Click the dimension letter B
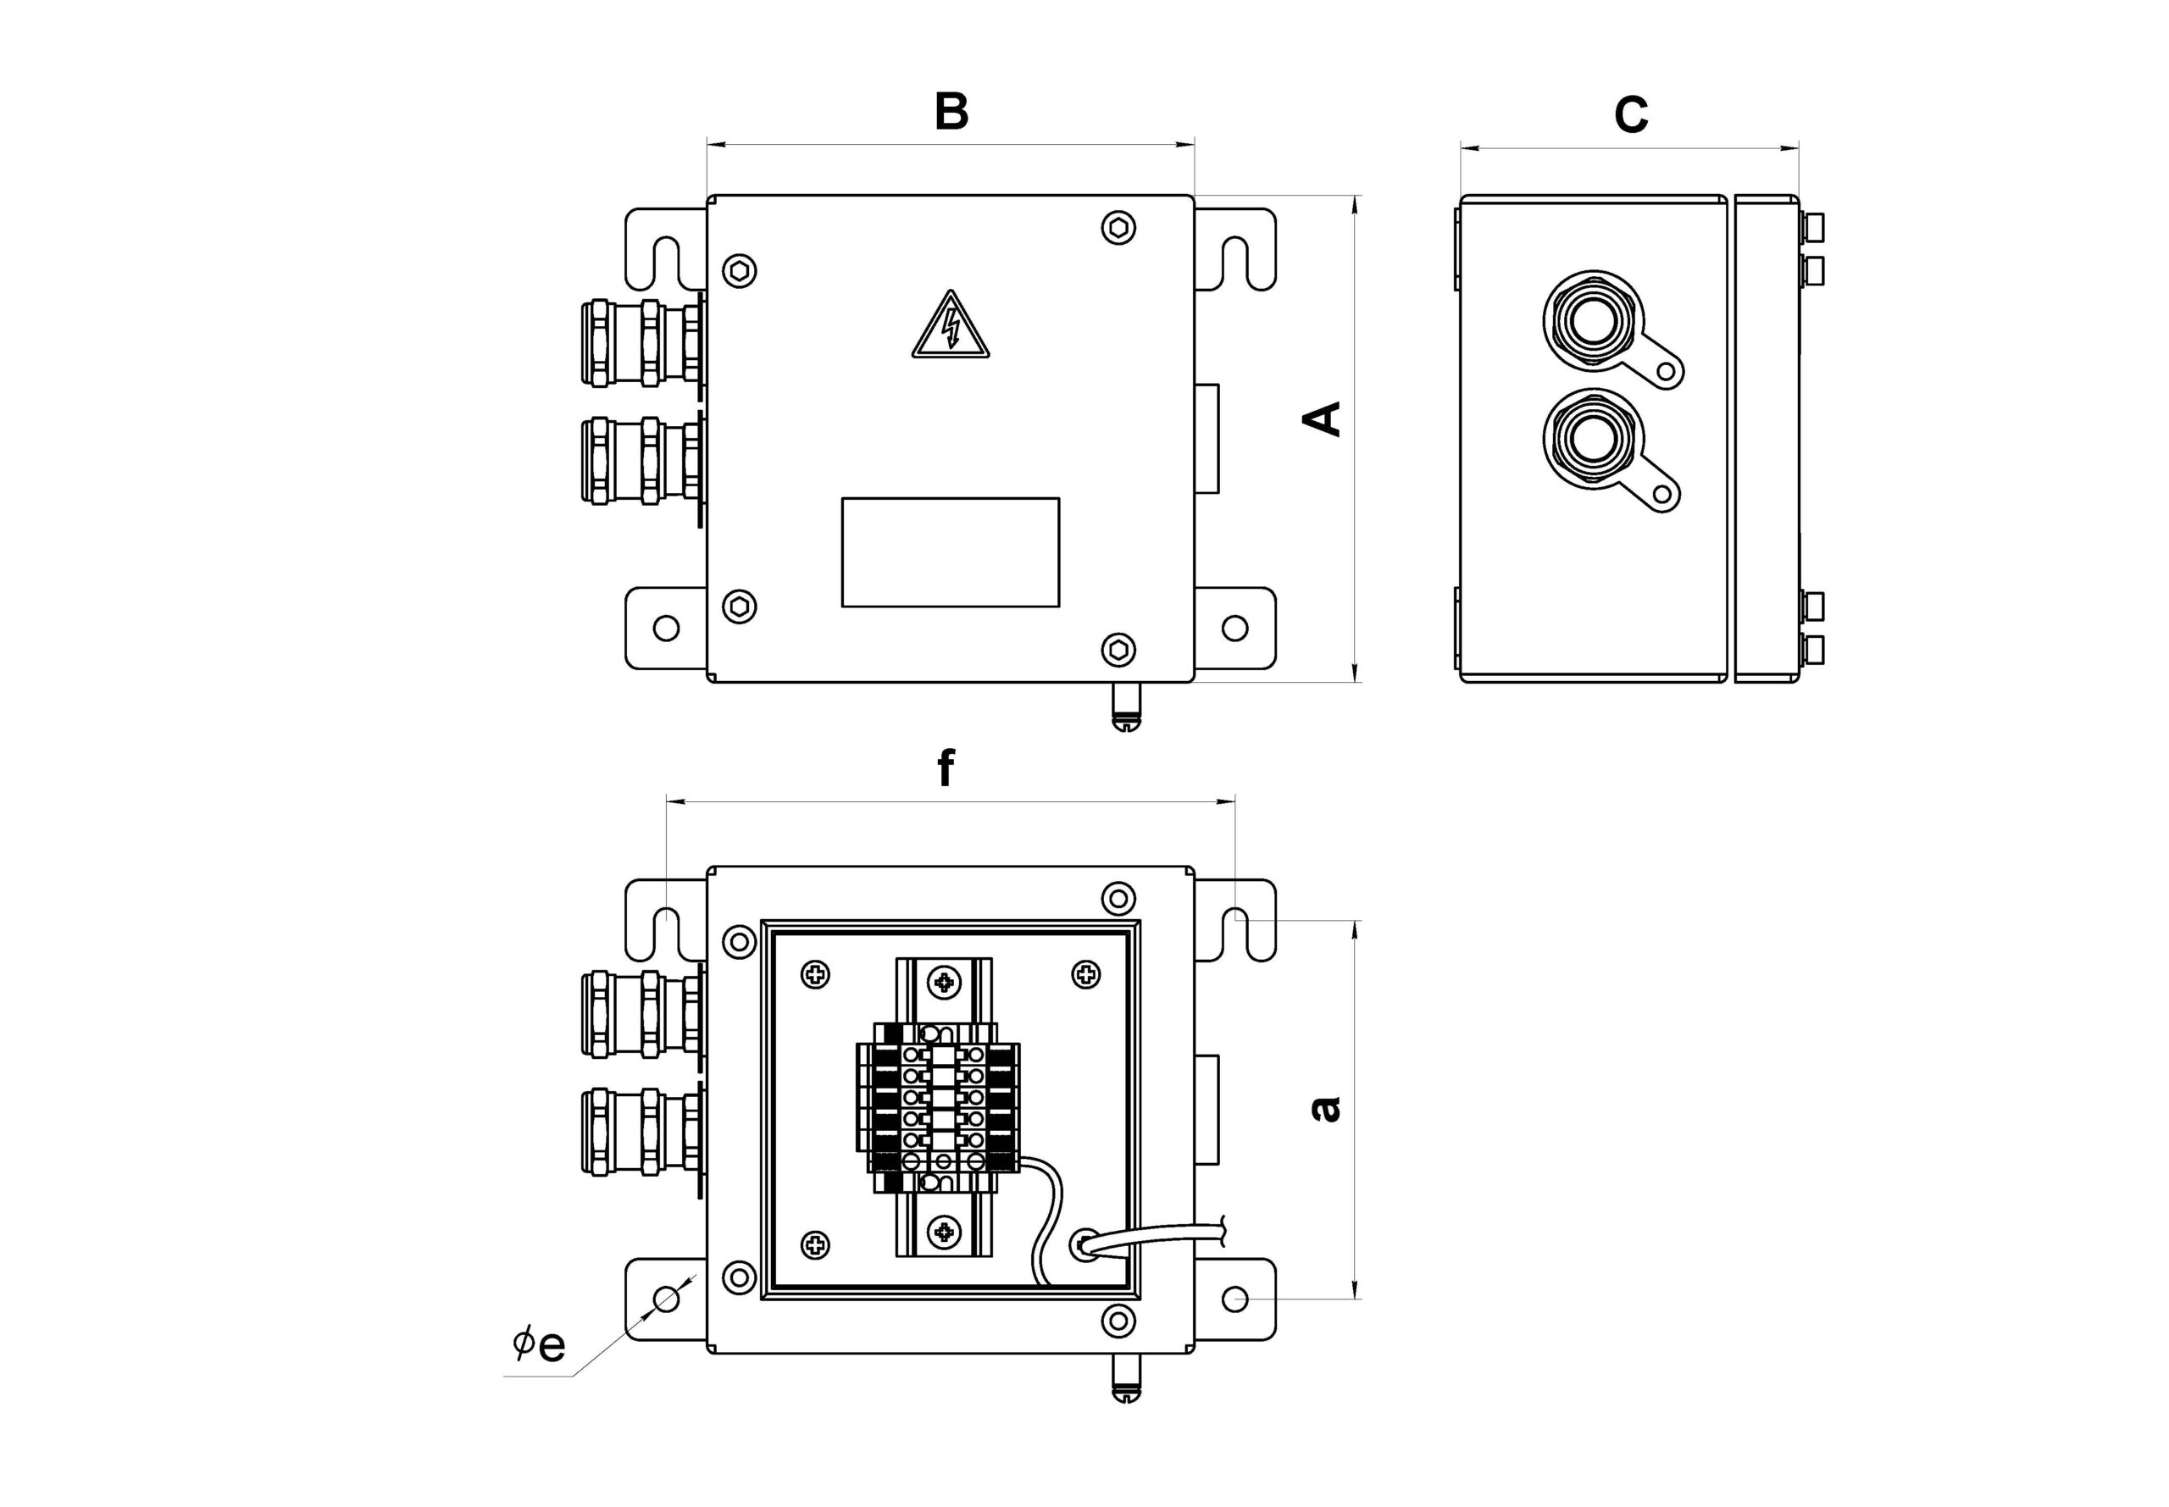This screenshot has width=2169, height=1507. pos(951,112)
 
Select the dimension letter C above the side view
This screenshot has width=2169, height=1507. pos(1631,115)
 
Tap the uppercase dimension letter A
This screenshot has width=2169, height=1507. pos(1322,418)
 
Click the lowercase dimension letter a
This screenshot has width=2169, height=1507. pos(1326,1107)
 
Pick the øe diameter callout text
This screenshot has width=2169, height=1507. pos(539,1344)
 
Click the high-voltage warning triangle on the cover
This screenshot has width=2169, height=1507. pos(950,327)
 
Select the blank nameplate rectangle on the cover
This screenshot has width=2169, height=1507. pos(950,552)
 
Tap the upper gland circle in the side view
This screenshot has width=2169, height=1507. pos(1593,319)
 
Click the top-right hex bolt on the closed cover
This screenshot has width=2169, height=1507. pos(1119,228)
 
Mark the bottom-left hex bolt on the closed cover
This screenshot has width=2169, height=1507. pos(740,605)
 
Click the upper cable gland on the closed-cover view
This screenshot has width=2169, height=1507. pos(642,343)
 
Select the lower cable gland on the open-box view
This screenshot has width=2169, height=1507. pos(642,1131)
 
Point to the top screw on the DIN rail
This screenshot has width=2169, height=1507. pos(943,983)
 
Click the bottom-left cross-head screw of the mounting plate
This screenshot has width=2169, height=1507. pos(816,1244)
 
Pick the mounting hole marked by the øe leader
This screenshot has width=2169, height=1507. pos(667,1299)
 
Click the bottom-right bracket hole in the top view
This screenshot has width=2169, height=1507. pos(1235,628)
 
